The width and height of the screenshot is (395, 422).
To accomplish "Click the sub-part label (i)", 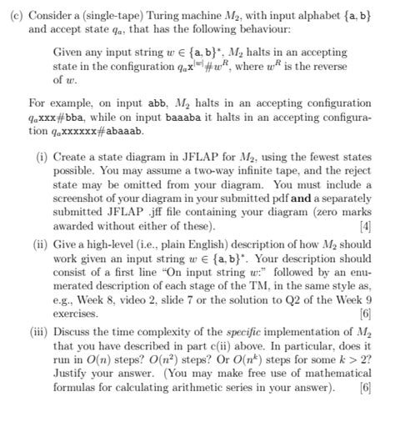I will pyautogui.click(x=43, y=155).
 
